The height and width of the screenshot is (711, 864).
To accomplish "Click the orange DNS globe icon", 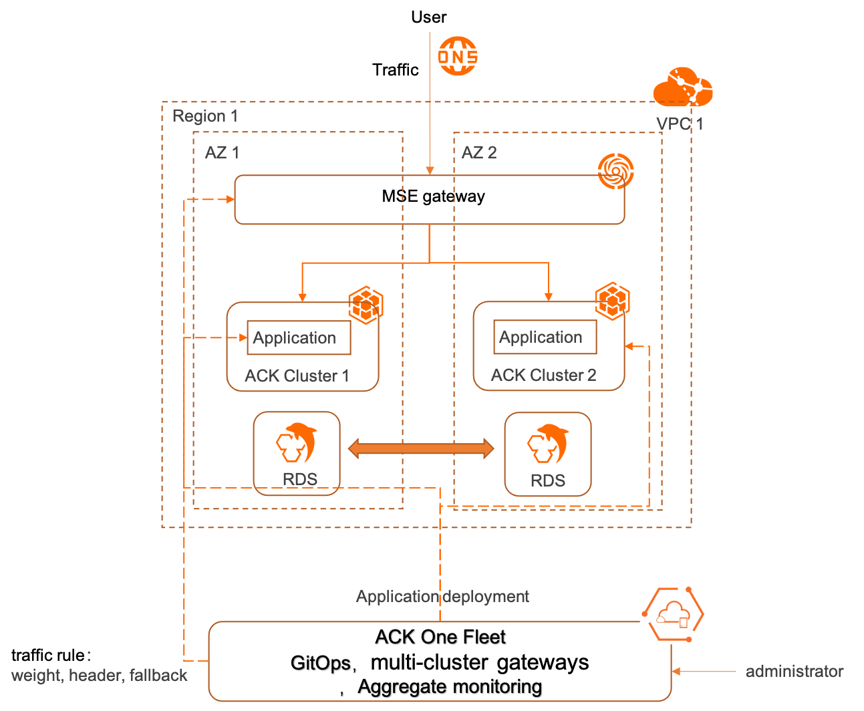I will point(458,56).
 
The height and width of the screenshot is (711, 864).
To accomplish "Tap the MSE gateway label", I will point(434,196).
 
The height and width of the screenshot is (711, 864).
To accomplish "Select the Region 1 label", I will point(205,116).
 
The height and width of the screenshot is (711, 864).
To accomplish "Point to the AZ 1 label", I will point(222,152).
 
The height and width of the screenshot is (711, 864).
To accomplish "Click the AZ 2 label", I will point(479,152).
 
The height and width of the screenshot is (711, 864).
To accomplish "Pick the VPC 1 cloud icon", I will point(683,88).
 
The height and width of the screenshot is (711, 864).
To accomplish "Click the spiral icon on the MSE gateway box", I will point(615,171).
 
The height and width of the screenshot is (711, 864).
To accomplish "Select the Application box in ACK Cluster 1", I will point(299,338).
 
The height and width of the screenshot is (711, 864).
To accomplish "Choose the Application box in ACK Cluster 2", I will point(545,337).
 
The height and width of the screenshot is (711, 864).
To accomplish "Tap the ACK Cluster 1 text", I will point(297,376).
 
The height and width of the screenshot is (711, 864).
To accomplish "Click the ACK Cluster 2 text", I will point(543,375).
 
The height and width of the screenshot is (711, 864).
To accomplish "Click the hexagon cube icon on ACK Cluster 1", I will point(366,305).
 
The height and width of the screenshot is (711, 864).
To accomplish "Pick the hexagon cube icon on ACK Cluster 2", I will point(612,301).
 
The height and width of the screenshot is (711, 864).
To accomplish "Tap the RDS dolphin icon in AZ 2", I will point(548,444).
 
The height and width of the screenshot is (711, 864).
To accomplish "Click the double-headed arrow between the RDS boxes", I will point(421,448).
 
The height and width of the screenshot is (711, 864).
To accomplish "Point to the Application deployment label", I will point(442,596).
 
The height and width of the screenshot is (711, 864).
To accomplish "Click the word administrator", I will point(794,672).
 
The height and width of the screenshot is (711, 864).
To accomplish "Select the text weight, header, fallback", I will point(100,676).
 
